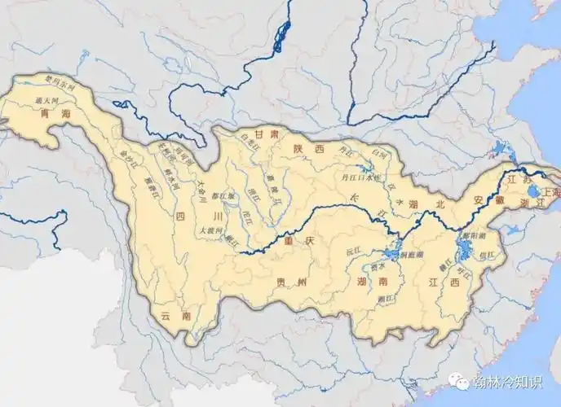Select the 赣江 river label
coord(444,265)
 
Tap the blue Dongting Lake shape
coord(393,253)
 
